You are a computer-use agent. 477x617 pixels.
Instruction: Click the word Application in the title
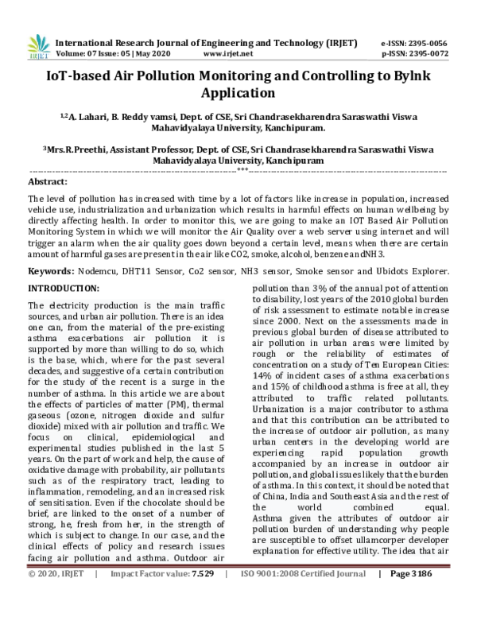238,92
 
